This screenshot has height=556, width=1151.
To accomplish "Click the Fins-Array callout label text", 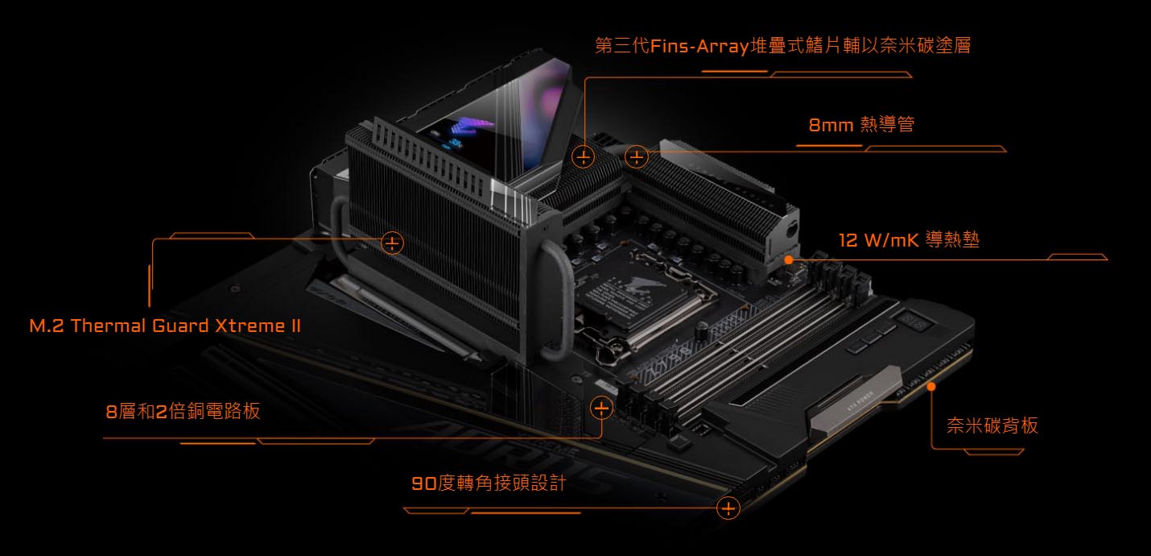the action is [x=782, y=46].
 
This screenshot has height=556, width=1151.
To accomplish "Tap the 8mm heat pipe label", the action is [x=861, y=124].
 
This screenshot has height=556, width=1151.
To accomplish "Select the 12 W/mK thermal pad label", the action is [x=909, y=239].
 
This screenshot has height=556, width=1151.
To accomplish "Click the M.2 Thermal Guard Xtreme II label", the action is [x=165, y=326].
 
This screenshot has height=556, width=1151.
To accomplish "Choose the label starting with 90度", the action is [x=489, y=483].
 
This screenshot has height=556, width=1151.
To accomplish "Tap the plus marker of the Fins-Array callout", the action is [x=584, y=157].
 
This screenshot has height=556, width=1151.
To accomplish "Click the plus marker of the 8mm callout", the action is [x=636, y=157].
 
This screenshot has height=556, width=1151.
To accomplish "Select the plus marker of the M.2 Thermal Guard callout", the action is [x=392, y=243].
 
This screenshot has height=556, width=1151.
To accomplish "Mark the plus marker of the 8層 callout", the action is [x=601, y=409].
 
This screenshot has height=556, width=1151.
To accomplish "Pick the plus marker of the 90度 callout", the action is [x=728, y=508].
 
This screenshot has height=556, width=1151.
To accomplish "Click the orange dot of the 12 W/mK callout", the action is [x=789, y=260].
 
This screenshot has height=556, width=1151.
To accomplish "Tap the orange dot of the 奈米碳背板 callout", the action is [x=931, y=386].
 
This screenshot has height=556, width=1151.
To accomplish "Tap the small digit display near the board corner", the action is [x=915, y=322].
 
